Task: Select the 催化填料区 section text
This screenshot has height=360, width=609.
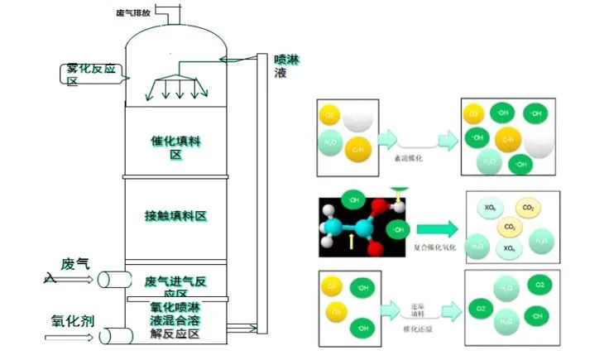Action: pyautogui.click(x=175, y=147)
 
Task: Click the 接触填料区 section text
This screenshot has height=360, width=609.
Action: pyautogui.click(x=175, y=216)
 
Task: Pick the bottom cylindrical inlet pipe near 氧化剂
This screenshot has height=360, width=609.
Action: pyautogui.click(x=113, y=335)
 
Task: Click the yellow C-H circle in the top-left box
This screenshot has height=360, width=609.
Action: pyautogui.click(x=358, y=150)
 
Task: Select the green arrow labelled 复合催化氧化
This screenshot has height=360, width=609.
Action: pyautogui.click(x=435, y=229)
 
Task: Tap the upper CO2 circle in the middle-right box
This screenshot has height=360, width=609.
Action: pyautogui.click(x=527, y=207)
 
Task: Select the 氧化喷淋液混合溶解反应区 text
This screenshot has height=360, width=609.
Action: pyautogui.click(x=175, y=319)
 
